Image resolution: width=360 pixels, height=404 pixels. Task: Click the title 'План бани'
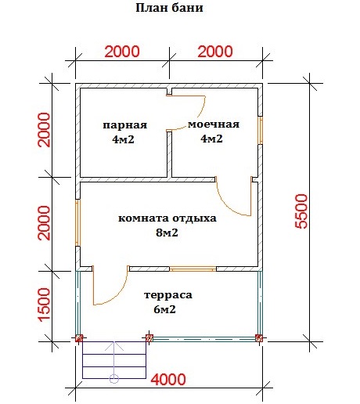coord(169,8)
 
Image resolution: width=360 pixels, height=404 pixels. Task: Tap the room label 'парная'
coord(125,125)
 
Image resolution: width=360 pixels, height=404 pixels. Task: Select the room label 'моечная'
coord(214,124)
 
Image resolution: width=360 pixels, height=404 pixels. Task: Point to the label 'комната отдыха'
coord(167,218)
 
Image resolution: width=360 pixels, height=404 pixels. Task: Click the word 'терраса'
coord(168,296)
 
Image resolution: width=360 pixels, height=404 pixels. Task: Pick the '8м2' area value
coord(167,233)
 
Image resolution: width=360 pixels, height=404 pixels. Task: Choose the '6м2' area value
coord(164,309)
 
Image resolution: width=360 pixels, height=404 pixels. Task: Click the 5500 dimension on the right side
coord(302,211)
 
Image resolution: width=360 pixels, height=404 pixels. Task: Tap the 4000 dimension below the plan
coord(168,380)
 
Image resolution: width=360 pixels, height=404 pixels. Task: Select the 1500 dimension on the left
coord(44,305)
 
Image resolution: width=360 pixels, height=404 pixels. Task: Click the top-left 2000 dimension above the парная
coord(122,52)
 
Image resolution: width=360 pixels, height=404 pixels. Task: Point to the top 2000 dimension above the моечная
coord(215,52)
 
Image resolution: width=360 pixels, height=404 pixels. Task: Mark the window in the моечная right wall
coord(261,130)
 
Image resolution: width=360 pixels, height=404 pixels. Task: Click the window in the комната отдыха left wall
coord(77,222)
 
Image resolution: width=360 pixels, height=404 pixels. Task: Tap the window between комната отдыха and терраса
coord(193,269)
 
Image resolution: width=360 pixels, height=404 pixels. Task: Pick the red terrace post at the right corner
coord(259,338)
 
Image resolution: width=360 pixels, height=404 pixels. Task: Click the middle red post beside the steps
coord(149,338)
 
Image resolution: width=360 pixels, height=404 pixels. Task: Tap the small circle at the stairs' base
coord(114,379)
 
